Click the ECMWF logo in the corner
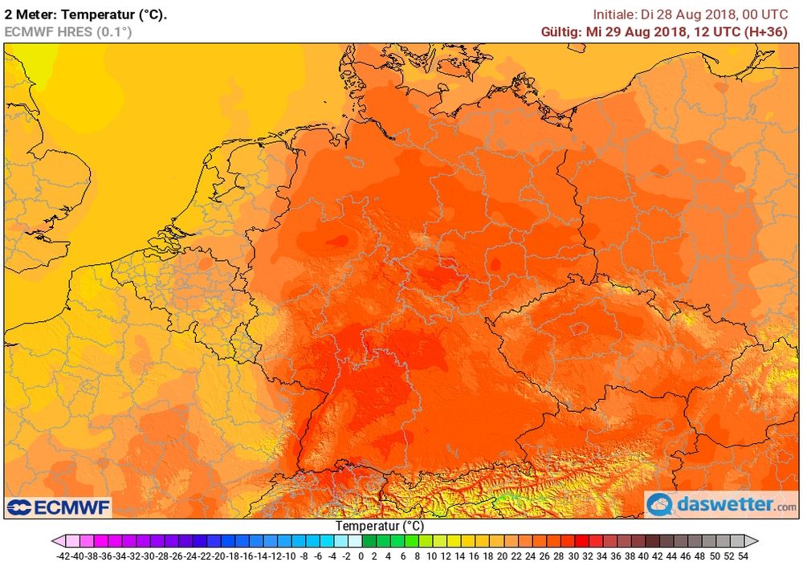point(59,507)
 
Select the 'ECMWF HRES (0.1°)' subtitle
point(68,32)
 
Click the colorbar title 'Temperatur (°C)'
point(379,526)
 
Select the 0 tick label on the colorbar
point(361,555)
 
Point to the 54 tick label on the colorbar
point(744,555)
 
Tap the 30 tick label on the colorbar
point(573,555)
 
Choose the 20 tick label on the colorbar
point(503,555)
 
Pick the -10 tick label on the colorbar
point(291,555)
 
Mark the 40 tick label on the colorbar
point(644,555)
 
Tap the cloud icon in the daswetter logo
point(661,505)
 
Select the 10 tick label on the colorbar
point(432,555)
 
